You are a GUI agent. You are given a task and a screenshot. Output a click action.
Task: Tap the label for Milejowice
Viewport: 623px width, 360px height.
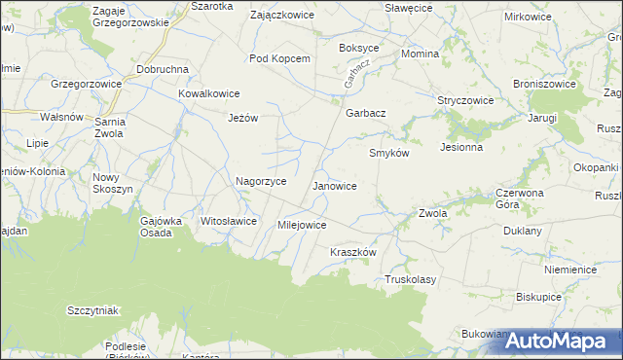302,225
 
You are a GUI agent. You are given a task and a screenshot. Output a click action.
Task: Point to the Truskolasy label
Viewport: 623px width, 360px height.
410,279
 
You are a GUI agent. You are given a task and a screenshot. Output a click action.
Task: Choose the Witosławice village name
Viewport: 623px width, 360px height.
228,221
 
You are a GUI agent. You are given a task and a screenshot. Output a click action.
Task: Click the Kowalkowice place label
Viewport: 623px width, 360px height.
208,93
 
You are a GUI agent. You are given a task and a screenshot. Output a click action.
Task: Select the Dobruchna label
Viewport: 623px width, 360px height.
163,70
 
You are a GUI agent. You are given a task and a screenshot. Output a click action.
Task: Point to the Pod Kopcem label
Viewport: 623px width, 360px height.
279,58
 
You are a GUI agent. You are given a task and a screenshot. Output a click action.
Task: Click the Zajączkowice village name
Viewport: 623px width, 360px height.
278,17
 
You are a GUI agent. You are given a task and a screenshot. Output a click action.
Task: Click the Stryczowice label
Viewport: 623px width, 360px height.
465,100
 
